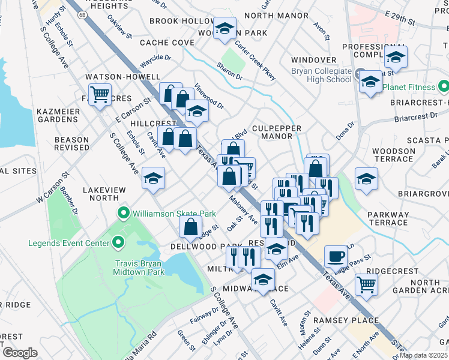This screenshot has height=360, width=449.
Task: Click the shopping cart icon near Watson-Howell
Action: [100, 94]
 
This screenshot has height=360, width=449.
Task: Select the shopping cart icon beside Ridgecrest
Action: [366, 284]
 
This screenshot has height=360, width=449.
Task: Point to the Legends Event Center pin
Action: [118, 243]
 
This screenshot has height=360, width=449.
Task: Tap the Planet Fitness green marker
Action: [444, 87]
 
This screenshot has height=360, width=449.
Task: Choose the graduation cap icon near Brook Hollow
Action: [225, 29]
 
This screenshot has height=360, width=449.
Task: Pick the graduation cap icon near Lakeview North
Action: [154, 178]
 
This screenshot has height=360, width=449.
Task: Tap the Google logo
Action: [19, 352]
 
